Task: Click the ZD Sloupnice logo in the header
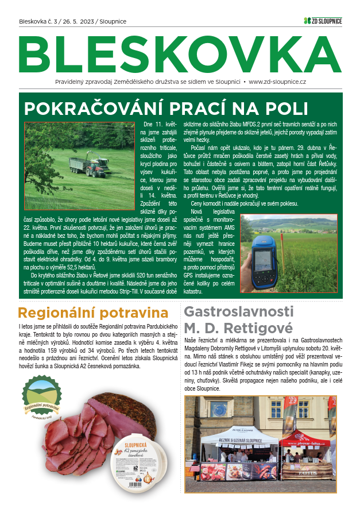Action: point(323,21)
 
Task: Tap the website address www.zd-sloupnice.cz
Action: point(277,82)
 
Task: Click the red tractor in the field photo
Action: point(94,167)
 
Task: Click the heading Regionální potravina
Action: point(88,313)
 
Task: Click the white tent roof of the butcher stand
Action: point(240,435)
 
